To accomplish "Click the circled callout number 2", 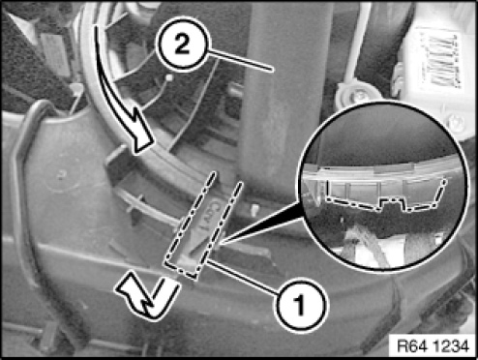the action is click(183, 45).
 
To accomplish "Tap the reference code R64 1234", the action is click(433, 346).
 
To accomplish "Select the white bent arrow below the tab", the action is click(149, 298).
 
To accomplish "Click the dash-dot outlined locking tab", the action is click(203, 225).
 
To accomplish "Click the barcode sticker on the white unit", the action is click(440, 60).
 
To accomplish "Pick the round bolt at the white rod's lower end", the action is click(354, 93).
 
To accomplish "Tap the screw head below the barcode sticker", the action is click(456, 123).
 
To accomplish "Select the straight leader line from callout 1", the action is click(243, 278).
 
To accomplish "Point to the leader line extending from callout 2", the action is click(241, 61).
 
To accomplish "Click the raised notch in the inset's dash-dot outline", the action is click(392, 203).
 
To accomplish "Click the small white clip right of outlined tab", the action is click(255, 209).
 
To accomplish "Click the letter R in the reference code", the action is click(402, 346).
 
